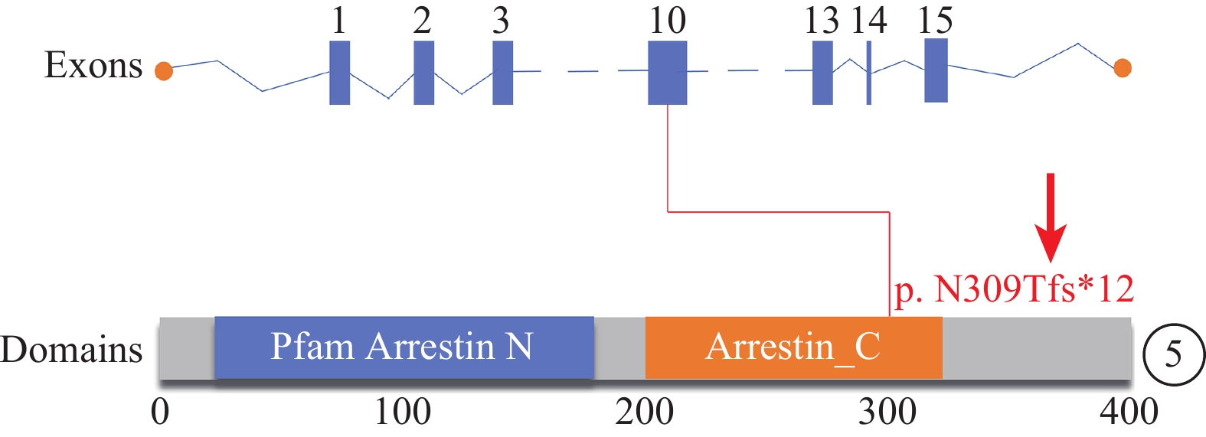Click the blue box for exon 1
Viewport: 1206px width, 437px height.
point(340,73)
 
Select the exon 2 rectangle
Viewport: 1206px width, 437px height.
point(423,73)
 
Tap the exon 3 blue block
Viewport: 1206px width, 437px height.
point(503,73)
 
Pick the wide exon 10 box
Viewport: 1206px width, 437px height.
point(668,73)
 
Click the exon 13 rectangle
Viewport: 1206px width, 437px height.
point(822,73)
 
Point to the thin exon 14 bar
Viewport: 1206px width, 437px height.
point(869,73)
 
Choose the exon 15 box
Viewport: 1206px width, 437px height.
point(936,70)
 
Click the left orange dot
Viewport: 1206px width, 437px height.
point(164,70)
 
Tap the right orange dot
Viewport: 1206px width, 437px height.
point(1123,68)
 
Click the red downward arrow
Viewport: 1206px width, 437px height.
point(1051,218)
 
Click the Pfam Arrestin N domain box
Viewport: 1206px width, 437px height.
point(404,347)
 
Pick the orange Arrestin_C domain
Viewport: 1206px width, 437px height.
point(794,347)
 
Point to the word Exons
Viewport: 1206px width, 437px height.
point(93,65)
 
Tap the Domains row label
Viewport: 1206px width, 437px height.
point(72,349)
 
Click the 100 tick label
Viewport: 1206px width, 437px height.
point(403,413)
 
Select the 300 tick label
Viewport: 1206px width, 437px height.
point(887,413)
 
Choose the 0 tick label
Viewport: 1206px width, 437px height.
point(160,413)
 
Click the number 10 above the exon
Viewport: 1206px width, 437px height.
point(668,21)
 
